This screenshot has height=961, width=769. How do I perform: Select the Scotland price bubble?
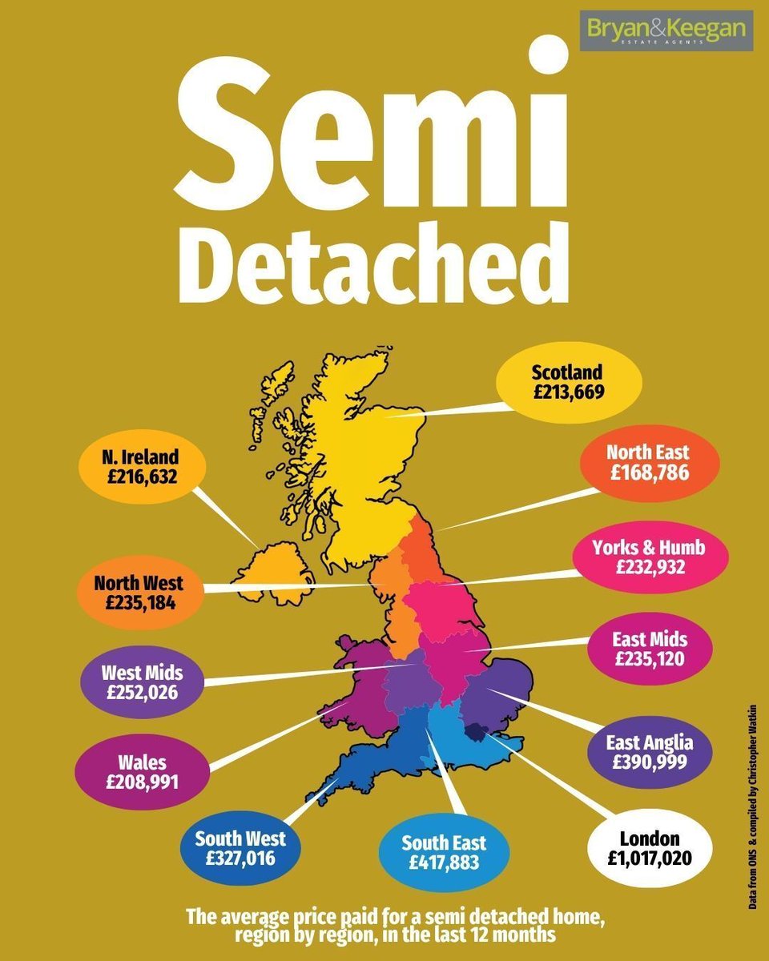[x=569, y=383]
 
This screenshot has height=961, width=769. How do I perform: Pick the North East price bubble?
[x=648, y=464]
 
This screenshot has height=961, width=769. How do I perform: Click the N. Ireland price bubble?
[x=141, y=468]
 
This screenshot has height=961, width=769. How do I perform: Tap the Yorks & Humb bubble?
[x=650, y=557]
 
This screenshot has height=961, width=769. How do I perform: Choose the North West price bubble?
[x=139, y=593]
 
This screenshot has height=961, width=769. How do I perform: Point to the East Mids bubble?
[x=650, y=649]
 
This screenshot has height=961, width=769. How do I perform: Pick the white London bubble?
[x=650, y=850]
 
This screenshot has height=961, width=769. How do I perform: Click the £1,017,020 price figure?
[x=650, y=860]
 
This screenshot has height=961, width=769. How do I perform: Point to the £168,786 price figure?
[x=650, y=473]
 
